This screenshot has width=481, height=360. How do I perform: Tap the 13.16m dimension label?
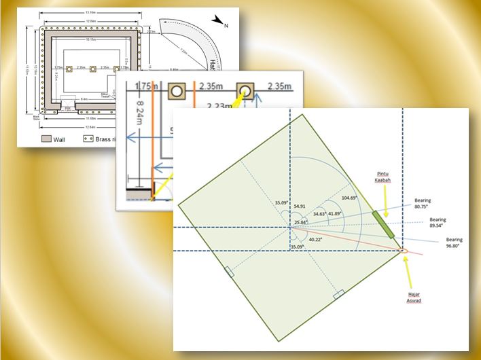[90, 12]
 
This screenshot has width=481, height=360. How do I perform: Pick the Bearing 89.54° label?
[438, 223]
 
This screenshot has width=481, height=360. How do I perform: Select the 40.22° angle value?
[315, 238]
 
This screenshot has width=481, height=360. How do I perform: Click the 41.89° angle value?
[334, 213]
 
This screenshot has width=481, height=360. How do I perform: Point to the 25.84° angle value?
[301, 222]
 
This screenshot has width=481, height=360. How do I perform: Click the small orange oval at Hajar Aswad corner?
[401, 251]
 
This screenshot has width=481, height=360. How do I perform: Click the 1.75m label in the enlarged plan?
[145, 86]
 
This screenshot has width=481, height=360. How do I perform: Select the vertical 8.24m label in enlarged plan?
[139, 115]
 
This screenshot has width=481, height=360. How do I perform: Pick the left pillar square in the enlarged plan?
[178, 90]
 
